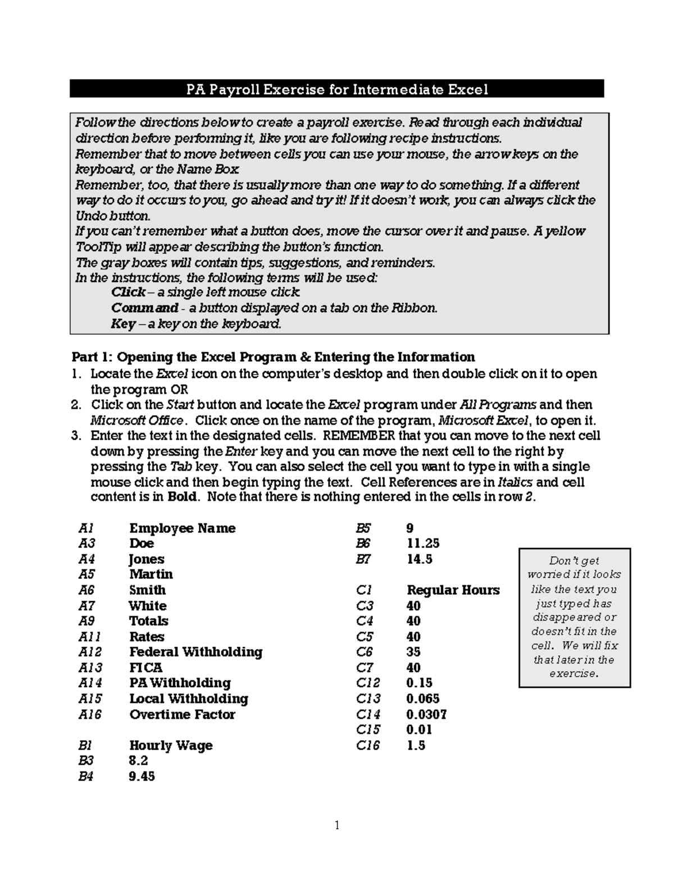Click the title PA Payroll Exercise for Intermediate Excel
[337, 89]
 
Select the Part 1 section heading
[273, 357]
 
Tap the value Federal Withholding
[195, 652]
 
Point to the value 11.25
[423, 544]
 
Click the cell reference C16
[368, 746]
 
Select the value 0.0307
[426, 715]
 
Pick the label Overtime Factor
[182, 715]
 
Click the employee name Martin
[151, 574]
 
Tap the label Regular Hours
[453, 590]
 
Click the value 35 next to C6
[413, 652]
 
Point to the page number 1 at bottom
[337, 825]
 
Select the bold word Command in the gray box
[144, 308]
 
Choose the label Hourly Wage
[171, 746]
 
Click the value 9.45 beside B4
[142, 777]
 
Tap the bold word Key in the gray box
[123, 324]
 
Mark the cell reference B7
[363, 559]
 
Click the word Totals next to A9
[149, 621]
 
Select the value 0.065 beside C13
[423, 699]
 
